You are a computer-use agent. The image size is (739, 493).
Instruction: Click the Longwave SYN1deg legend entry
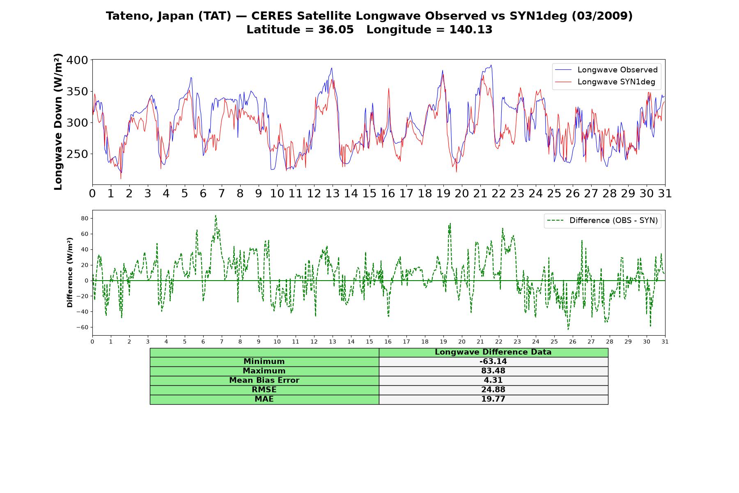605,82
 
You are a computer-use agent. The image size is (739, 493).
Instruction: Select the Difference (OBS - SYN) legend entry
603,221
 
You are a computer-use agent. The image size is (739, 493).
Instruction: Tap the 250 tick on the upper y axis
78,154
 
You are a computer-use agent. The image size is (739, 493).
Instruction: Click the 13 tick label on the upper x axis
333,194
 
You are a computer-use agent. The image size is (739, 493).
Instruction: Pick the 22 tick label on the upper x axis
499,194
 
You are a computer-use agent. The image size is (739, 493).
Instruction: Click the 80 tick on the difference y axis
85,218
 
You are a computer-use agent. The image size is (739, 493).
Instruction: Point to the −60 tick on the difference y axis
82,327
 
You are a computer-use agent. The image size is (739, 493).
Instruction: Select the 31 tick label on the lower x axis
665,341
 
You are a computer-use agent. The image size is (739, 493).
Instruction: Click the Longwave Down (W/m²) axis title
58,122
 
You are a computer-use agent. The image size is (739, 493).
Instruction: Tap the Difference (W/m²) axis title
70,273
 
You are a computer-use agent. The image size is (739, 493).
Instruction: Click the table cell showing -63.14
493,362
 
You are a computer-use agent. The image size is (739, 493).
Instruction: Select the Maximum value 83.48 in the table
493,371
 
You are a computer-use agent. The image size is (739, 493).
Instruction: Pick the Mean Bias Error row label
264,380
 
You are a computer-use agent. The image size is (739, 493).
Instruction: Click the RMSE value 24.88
493,390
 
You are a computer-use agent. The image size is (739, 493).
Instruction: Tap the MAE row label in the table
264,399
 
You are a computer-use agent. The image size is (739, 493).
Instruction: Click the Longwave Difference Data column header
493,352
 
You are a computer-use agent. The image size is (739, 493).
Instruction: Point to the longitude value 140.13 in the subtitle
471,30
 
